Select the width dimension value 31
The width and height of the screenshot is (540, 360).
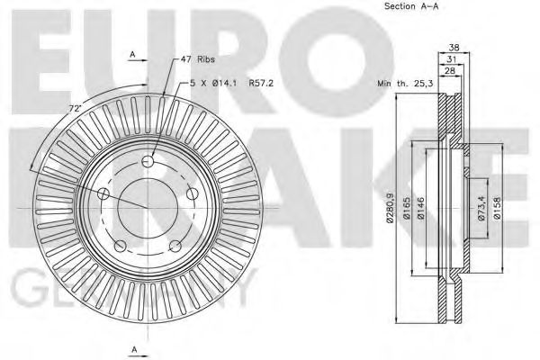tap(453, 60)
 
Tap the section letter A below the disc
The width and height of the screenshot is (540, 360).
tap(132, 348)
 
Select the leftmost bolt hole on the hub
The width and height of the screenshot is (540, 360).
tap(103, 194)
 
